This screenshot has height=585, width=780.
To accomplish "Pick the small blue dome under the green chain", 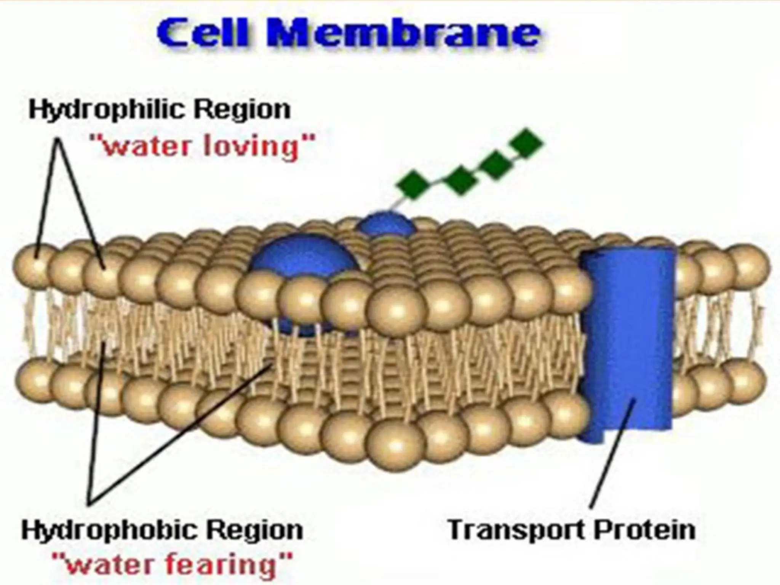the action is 385,225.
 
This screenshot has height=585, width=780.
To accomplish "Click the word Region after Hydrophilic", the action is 242,110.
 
